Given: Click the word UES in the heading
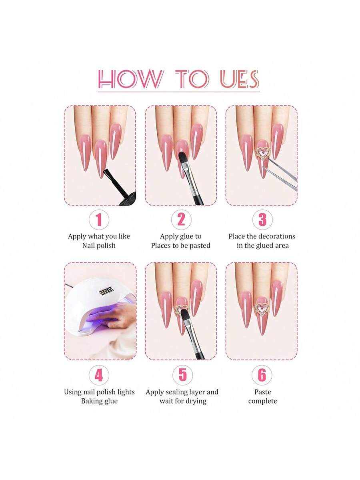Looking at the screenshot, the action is coord(239,79).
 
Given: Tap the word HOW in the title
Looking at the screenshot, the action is coord(130,79).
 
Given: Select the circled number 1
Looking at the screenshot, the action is coord(99,219).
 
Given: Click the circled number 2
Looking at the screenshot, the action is coord(181,219).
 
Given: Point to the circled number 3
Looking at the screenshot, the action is coord(262,219).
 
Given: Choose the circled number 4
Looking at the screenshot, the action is coord(99,375).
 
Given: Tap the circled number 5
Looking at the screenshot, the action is coord(182,375).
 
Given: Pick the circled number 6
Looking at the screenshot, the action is coord(262,375).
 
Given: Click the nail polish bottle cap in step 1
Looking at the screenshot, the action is coord(128,199).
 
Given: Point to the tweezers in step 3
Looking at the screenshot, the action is coord(282,173).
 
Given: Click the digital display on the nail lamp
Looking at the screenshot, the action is coord(107,292).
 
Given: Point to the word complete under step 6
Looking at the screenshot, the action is coord(262,401).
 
